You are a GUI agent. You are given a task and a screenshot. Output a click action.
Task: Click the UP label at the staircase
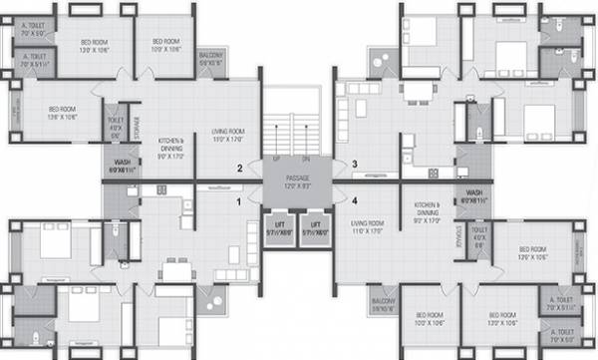point(275,158)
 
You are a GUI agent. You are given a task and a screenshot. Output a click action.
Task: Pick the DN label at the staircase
point(306,158)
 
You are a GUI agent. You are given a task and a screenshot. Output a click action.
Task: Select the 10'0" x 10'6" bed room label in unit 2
point(163,44)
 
